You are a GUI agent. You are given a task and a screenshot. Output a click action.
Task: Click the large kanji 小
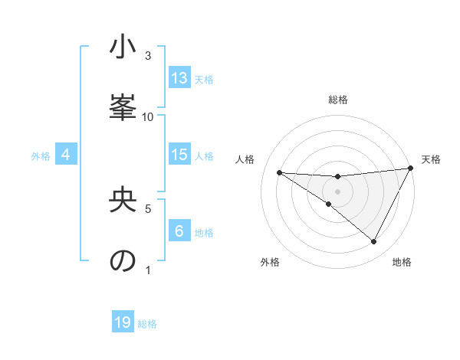[123, 48]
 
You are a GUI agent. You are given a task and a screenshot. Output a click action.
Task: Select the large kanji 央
[123, 201]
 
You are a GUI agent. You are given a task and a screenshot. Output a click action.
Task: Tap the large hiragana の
[123, 260]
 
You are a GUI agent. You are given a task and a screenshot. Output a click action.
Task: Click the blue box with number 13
[179, 78]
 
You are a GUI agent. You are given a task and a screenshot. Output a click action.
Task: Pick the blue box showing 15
[179, 155]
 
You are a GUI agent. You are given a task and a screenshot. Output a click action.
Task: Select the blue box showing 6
[179, 231]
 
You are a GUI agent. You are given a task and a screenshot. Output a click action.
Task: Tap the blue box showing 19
[123, 322]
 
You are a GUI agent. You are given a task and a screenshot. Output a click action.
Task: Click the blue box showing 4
[66, 155]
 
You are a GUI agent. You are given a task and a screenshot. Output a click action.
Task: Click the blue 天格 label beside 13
[204, 79]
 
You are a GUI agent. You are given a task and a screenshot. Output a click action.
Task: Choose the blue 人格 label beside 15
[204, 155]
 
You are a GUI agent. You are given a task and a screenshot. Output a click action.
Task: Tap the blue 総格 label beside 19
[147, 323]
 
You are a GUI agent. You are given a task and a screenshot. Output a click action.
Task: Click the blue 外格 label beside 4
[41, 155]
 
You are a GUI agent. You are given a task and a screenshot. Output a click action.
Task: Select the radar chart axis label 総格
[338, 100]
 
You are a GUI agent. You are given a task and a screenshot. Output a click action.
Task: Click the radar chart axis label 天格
[431, 159]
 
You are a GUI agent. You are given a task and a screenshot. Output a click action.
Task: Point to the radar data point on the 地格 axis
[374, 241]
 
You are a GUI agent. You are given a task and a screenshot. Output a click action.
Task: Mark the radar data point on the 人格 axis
[280, 172]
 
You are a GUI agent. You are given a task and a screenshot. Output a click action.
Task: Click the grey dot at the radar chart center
[337, 191]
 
